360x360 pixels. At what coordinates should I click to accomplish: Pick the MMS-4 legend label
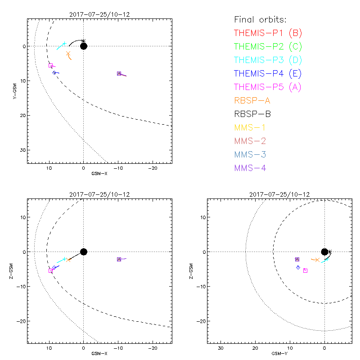click(x=254, y=168)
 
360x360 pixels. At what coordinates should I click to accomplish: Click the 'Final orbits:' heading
click(x=261, y=19)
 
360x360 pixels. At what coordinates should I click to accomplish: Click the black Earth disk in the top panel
click(x=83, y=46)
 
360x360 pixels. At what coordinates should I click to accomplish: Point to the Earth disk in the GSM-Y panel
click(x=324, y=252)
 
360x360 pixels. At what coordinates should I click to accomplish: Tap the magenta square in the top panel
click(x=51, y=66)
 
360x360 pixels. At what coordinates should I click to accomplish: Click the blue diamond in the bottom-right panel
click(x=298, y=267)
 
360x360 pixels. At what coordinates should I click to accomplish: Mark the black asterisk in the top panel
click(x=83, y=41)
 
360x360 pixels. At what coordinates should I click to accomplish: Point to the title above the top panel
click(x=99, y=14)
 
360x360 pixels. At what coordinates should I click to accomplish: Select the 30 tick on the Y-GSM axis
click(x=22, y=150)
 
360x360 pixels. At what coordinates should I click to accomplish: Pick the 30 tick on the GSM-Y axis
click(x=220, y=348)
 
